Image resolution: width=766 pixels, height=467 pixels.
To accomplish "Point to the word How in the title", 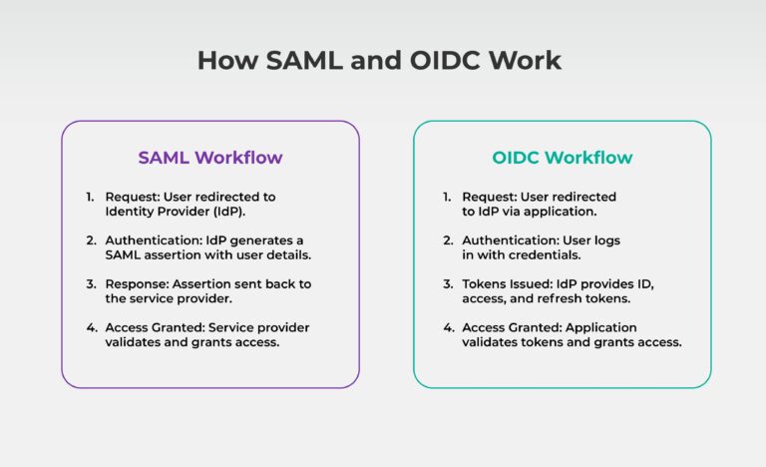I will point(220,60).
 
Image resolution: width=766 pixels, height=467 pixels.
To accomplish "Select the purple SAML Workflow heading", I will point(209,158).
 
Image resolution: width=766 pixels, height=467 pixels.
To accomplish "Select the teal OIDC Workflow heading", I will point(562,158).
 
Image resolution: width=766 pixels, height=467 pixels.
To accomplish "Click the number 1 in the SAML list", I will point(90,197).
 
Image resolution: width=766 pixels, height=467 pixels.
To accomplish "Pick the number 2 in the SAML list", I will point(90,240).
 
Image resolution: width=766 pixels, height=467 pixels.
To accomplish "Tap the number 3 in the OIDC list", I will point(448,284).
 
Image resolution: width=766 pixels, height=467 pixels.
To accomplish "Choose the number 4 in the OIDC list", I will point(448,328).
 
